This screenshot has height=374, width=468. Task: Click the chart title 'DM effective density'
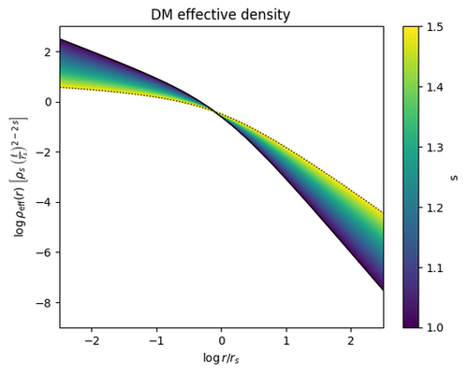point(221,14)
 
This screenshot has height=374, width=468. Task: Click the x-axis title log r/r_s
point(221,358)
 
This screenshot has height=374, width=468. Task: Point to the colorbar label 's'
point(454,177)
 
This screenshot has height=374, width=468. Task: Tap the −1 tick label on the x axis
point(156,341)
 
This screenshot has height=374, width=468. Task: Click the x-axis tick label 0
point(222,341)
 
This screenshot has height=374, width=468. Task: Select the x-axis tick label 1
point(286,341)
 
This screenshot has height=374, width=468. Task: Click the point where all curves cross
point(216,111)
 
